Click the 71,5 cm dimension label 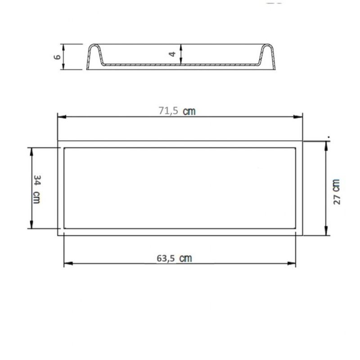point(177,111)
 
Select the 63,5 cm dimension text point(174,258)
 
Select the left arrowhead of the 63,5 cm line point(67,264)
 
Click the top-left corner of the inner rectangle point(64,148)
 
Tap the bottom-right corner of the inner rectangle point(296,229)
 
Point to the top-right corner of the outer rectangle point(303,141)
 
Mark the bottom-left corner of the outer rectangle point(58,235)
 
